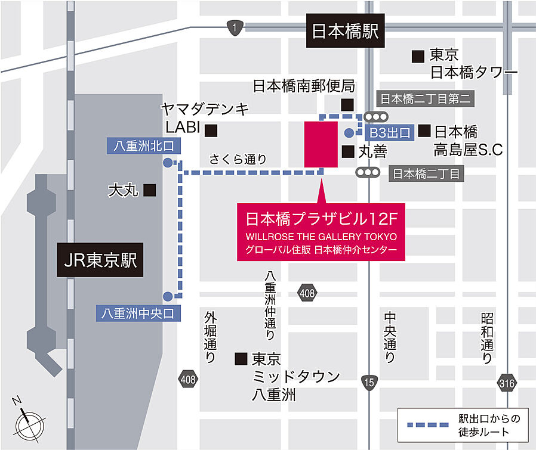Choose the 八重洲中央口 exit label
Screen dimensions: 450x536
pos(138,312)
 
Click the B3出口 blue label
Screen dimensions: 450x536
pos(390,132)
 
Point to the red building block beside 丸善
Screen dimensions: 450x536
pos(321,144)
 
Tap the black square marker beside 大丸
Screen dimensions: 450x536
pos(150,190)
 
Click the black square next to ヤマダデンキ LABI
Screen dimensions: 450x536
pos(211,129)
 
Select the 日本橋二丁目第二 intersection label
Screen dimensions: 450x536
pos(426,99)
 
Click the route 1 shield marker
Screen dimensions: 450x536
pos(235,27)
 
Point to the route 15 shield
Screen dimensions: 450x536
pos(369,381)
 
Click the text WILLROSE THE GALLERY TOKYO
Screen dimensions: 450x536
pos(321,236)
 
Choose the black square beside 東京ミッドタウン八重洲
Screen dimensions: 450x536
pos(241,359)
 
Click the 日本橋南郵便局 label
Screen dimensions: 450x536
pos(303,86)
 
